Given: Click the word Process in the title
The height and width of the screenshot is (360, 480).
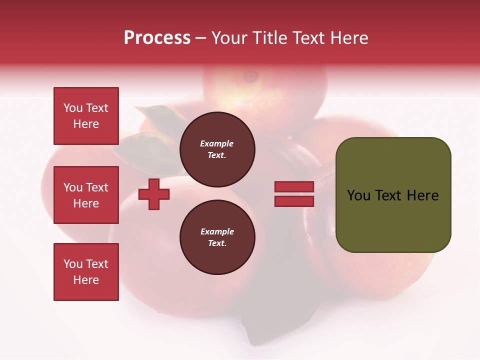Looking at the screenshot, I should [x=157, y=38].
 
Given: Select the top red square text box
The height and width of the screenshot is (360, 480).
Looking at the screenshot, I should [x=86, y=116].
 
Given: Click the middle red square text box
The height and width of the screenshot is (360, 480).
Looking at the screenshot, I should [x=86, y=195].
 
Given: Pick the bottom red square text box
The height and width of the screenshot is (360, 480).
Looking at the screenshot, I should [x=86, y=272].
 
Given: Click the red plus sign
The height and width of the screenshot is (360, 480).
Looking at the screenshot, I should [x=154, y=194].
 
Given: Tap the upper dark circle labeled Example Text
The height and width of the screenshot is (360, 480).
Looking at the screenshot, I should [x=217, y=149].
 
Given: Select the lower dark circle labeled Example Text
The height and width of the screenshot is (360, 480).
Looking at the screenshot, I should [x=217, y=237].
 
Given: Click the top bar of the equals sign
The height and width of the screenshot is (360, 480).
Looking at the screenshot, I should [x=294, y=186].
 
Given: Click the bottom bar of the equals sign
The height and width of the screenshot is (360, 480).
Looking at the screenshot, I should [x=294, y=201].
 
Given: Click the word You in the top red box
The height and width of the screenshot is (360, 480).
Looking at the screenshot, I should [x=73, y=108].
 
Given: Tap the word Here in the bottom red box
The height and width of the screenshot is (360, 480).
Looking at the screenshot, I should [x=86, y=280].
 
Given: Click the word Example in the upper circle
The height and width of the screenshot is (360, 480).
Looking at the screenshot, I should [x=217, y=144].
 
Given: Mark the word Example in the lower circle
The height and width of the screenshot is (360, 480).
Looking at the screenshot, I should [x=217, y=232].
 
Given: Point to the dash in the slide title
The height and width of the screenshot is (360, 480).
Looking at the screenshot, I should [x=200, y=38].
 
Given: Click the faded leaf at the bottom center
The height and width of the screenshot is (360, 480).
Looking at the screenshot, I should [x=270, y=320].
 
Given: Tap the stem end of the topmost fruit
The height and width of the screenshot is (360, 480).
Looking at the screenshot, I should [x=249, y=76].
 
